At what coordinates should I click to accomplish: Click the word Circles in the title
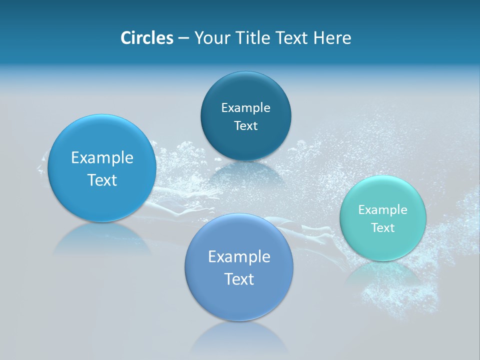pyautogui.click(x=146, y=38)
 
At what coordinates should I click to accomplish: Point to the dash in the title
pyautogui.click(x=183, y=38)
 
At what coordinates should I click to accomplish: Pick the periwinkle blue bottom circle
pyautogui.click(x=239, y=300)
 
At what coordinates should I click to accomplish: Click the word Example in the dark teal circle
pyautogui.click(x=245, y=108)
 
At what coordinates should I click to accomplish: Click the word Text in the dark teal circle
pyautogui.click(x=245, y=126)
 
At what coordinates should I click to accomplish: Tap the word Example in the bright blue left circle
pyautogui.click(x=102, y=158)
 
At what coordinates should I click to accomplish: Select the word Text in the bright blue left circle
pyautogui.click(x=102, y=180)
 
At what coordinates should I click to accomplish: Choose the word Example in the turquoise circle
pyautogui.click(x=383, y=210)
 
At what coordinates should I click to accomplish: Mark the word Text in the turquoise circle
pyautogui.click(x=383, y=228)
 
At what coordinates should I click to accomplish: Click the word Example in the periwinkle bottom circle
pyautogui.click(x=239, y=257)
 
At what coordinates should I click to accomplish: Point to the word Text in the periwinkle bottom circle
pyautogui.click(x=239, y=279)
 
